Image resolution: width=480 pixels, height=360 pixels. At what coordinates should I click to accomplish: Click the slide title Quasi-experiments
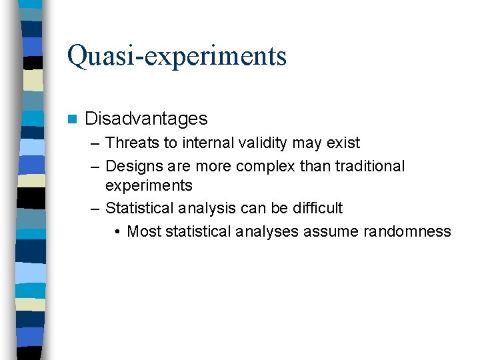pos(177,56)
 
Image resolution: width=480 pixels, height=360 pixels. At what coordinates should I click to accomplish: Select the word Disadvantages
pos(146,119)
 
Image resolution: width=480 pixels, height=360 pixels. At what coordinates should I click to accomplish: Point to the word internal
pos(209,143)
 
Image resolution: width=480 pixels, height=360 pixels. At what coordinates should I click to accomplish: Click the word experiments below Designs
pos(149,185)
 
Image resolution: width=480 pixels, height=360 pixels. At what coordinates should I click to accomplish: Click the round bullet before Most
pos(117,231)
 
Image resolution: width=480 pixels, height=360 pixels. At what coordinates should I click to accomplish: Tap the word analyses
pos(265,231)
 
